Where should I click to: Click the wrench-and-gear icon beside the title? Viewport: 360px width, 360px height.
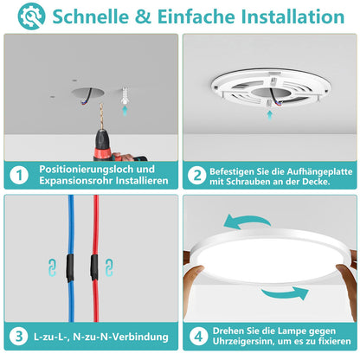pyautogui.click(x=31, y=16)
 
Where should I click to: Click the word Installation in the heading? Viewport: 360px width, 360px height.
pyautogui.click(x=292, y=16)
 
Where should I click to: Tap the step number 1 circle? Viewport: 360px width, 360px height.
pyautogui.click(x=19, y=175)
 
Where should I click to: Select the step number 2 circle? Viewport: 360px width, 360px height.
pyautogui.click(x=197, y=175)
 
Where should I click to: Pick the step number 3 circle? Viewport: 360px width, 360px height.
pyautogui.click(x=19, y=336)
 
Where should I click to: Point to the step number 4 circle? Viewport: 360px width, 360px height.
pyautogui.click(x=199, y=336)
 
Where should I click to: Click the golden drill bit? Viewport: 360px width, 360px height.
pyautogui.click(x=101, y=117)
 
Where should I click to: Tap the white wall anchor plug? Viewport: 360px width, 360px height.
pyautogui.click(x=125, y=94)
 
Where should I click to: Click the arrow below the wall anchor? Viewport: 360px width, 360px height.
pyautogui.click(x=125, y=110)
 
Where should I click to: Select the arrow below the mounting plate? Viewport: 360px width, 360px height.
pyautogui.click(x=269, y=115)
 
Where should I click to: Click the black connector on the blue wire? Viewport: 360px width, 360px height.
pyautogui.click(x=70, y=267)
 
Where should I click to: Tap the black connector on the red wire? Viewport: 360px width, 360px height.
pyautogui.click(x=94, y=267)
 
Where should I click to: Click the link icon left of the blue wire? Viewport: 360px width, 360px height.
pyautogui.click(x=52, y=267)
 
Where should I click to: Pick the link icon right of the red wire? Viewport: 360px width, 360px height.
pyautogui.click(x=109, y=267)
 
